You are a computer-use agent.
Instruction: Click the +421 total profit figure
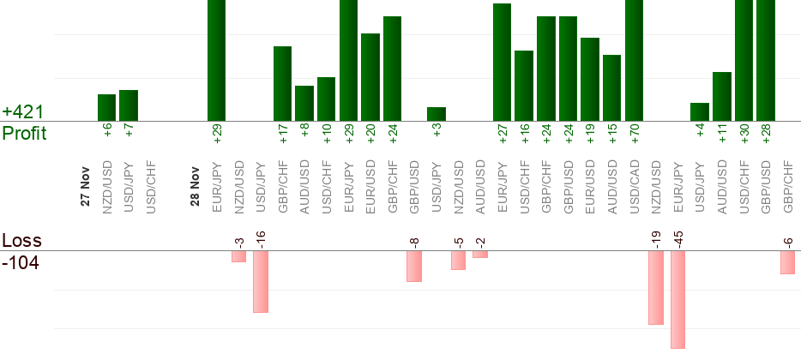pyautogui.click(x=23, y=112)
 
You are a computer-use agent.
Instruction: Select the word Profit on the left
pyautogui.click(x=25, y=134)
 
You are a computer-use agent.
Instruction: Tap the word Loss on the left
pyautogui.click(x=21, y=240)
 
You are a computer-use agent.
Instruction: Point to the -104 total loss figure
pyautogui.click(x=21, y=262)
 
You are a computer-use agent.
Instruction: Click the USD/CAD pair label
pyautogui.click(x=634, y=184)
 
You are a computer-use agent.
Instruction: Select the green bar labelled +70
pyautogui.click(x=634, y=60)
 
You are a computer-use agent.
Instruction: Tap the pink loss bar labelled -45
pyautogui.click(x=678, y=299)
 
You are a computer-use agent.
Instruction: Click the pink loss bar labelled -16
pyautogui.click(x=261, y=281)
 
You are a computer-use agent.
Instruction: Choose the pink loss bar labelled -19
pyautogui.click(x=656, y=287)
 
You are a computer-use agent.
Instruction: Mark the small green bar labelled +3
pyautogui.click(x=437, y=114)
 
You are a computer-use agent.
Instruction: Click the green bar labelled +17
pyautogui.click(x=283, y=83)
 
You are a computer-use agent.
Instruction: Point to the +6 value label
pyautogui.click(x=107, y=129)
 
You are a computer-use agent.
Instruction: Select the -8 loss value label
pyautogui.click(x=414, y=243)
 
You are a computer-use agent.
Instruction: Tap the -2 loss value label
pyautogui.click(x=480, y=243)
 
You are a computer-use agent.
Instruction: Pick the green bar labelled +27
pyautogui.click(x=502, y=62)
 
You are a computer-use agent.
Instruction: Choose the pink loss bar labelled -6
pyautogui.click(x=787, y=262)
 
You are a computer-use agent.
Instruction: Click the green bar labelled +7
pyautogui.click(x=129, y=105)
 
